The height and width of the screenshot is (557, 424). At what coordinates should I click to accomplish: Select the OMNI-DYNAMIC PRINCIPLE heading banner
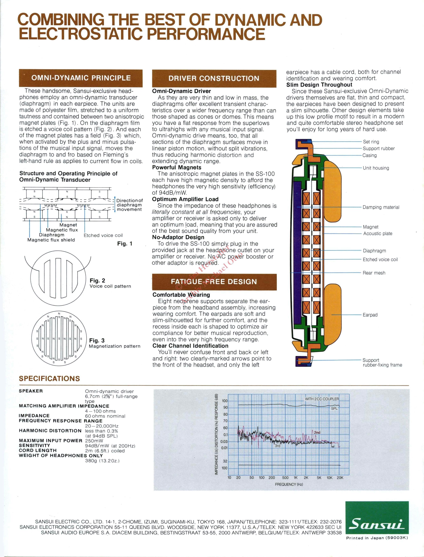pyautogui.click(x=81, y=78)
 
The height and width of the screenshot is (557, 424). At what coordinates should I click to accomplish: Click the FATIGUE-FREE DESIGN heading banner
pyautogui.click(x=214, y=282)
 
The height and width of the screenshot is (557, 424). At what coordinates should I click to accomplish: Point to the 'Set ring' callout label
pyautogui.click(x=371, y=142)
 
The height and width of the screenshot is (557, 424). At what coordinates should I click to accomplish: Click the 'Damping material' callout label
pyautogui.click(x=381, y=207)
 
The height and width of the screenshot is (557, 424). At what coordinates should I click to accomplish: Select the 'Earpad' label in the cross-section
pyautogui.click(x=370, y=315)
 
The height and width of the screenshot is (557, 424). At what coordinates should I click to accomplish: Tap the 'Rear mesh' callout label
pyautogui.click(x=374, y=273)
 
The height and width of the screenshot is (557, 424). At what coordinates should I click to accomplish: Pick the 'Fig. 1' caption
pyautogui.click(x=125, y=244)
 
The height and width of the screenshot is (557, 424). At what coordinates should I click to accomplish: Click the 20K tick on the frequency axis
pyautogui.click(x=340, y=478)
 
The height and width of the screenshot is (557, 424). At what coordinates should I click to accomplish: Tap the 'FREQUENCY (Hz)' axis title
pyautogui.click(x=289, y=484)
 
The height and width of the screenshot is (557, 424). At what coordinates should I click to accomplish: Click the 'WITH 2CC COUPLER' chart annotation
pyautogui.click(x=322, y=399)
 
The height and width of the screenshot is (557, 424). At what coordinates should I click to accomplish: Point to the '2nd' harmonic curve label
pyautogui.click(x=317, y=432)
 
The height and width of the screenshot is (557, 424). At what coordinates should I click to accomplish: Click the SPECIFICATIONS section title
pyautogui.click(x=49, y=379)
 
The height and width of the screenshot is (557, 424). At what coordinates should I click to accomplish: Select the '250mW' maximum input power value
pyautogui.click(x=94, y=441)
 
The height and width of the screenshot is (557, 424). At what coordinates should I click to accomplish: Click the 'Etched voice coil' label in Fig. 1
pyautogui.click(x=103, y=235)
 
